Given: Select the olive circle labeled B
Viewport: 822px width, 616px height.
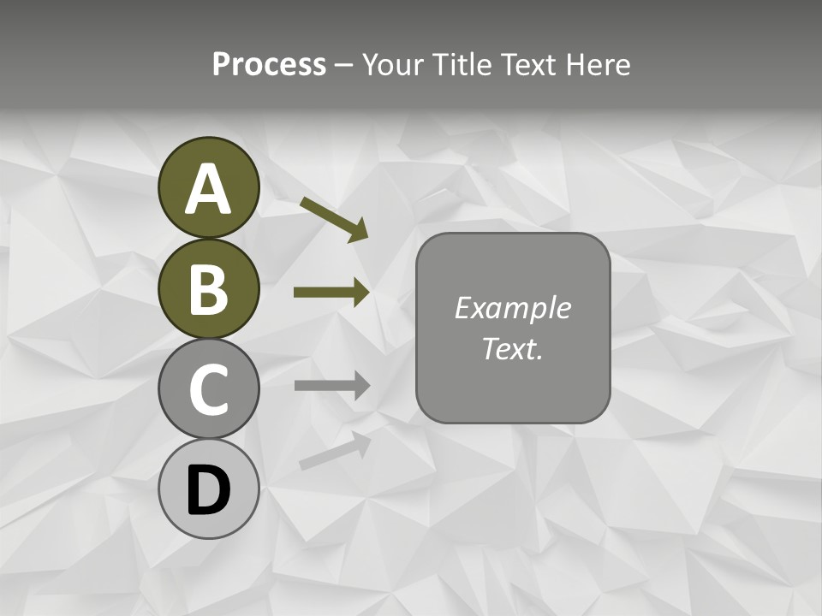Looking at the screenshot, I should (209, 288).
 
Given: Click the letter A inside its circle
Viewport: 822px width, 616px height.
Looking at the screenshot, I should (209, 188).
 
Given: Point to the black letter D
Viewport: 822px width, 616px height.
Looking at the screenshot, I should (209, 490).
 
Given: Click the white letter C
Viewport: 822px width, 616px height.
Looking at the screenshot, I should (209, 390).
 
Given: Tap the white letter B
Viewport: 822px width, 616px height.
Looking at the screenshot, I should (209, 290).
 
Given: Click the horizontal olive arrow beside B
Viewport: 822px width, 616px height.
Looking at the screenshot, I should (331, 293).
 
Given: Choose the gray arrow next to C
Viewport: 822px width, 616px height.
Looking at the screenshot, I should (331, 385).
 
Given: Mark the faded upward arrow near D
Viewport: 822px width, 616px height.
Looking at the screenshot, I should (334, 451).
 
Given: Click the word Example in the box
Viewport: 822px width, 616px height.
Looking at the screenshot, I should (512, 308).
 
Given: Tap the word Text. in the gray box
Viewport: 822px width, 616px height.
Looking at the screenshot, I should (512, 348).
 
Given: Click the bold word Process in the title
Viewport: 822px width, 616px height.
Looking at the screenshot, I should (269, 65).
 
